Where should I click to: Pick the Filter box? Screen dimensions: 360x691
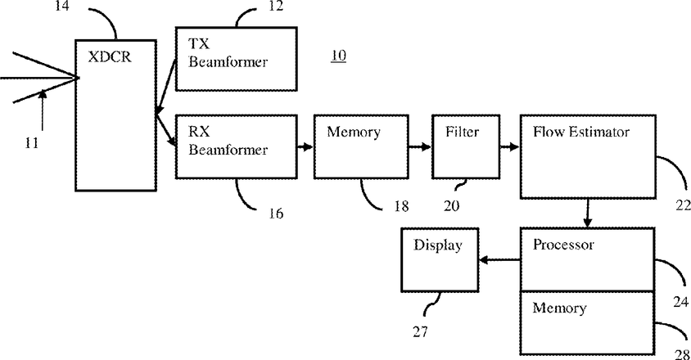464,146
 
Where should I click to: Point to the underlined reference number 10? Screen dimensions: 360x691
338,56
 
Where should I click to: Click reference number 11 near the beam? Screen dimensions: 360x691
31,142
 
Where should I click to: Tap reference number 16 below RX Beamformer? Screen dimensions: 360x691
276,214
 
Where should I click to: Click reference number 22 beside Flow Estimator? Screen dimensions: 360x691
681,205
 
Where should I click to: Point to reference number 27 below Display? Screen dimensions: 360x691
419,331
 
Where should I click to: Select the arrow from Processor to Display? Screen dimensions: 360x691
499,261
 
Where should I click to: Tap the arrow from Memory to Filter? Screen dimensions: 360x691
419,147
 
